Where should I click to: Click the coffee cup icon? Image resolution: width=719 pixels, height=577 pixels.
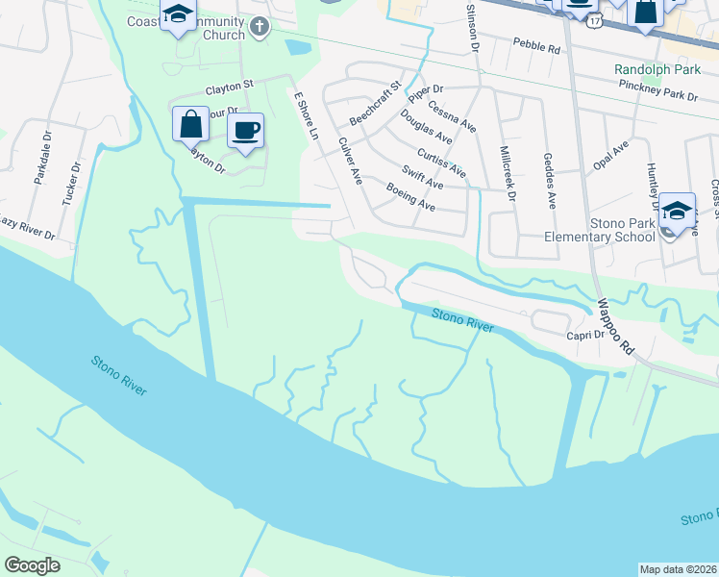click(245, 130)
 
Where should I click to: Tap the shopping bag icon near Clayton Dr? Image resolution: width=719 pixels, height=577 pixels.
click(190, 123)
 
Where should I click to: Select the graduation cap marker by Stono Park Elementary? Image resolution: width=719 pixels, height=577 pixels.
click(678, 211)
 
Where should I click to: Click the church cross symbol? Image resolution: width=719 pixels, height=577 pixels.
click(259, 28)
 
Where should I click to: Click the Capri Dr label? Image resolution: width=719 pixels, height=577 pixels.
click(584, 335)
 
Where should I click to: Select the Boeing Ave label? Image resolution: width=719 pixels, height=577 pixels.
click(410, 197)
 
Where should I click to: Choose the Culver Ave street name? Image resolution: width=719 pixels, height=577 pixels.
click(349, 160)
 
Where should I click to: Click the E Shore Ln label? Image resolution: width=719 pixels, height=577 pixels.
click(306, 114)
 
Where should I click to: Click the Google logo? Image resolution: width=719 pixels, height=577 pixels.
click(32, 565)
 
